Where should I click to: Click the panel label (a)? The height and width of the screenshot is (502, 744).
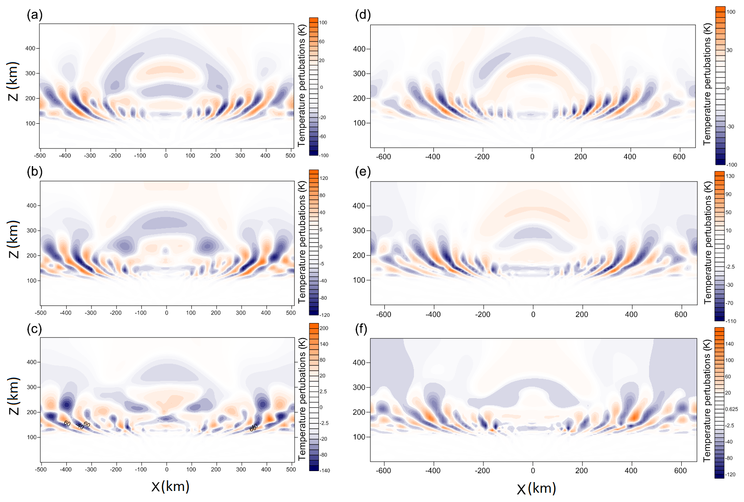[x=34, y=15]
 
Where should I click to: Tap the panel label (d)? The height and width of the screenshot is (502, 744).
[x=363, y=15]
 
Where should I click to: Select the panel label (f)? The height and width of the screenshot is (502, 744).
[x=361, y=329]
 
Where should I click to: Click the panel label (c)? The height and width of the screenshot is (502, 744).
[x=34, y=329]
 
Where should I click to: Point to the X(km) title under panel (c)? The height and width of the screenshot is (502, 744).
[x=170, y=487]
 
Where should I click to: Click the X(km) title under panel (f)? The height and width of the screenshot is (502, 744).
[x=536, y=488]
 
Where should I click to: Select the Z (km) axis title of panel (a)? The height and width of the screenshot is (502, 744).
[x=14, y=81]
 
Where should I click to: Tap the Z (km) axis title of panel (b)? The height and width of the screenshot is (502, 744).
[x=14, y=239]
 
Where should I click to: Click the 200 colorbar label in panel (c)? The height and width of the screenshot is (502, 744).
[x=324, y=328]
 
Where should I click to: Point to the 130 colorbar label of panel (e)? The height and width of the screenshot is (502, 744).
[x=730, y=176]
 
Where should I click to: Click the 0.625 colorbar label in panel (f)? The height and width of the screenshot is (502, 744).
[x=732, y=409]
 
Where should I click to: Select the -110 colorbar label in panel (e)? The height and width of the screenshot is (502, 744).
[x=731, y=321]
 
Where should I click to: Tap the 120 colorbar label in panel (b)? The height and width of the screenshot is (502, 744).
[x=324, y=178]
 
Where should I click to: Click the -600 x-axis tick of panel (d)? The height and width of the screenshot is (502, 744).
[x=383, y=157]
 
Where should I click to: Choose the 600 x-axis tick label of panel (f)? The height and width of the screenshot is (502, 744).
[x=680, y=471]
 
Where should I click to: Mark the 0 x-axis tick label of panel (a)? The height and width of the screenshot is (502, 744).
[x=166, y=156]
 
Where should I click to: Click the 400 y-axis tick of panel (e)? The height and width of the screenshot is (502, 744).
[x=359, y=206]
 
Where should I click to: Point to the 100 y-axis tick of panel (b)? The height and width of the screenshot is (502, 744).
[x=32, y=281]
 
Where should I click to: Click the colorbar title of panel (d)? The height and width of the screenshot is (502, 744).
[x=707, y=84]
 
